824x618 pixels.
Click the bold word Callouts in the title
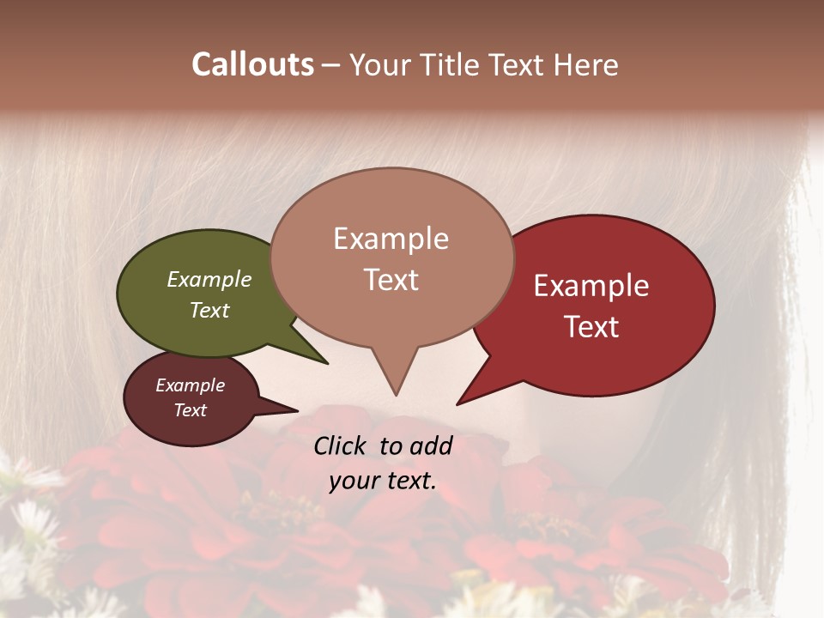coord(252,64)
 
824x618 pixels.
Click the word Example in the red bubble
coord(591,286)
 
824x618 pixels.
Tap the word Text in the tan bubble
coord(391,280)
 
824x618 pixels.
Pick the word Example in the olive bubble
coord(209,280)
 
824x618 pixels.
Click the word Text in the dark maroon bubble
coord(191,410)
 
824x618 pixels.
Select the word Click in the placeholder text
coord(342,445)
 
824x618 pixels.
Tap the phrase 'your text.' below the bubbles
coord(383,481)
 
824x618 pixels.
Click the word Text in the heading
coord(521,64)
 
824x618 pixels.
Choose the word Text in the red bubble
coord(591,327)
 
